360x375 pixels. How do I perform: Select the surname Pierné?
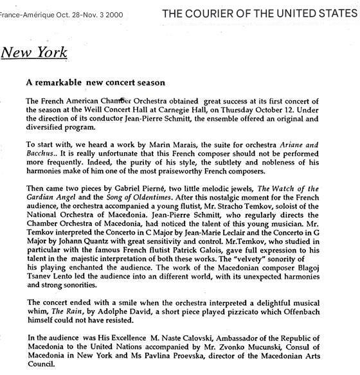(152, 188)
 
